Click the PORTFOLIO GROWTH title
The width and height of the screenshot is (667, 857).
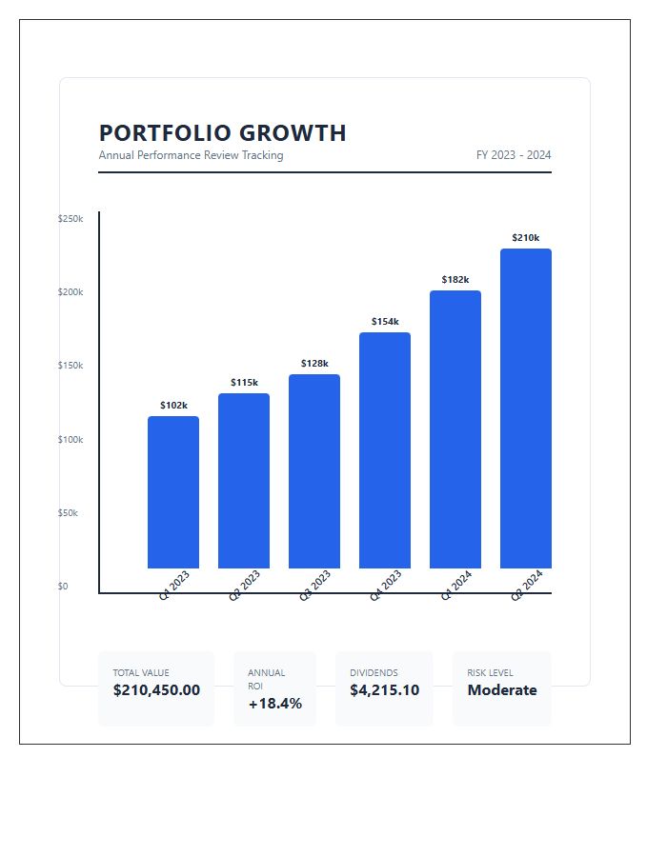(x=222, y=133)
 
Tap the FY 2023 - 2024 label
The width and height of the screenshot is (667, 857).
(x=514, y=155)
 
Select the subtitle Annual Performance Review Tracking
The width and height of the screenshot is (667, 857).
(x=191, y=155)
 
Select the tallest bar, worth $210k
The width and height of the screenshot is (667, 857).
(x=526, y=409)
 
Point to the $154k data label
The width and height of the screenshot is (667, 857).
(x=385, y=322)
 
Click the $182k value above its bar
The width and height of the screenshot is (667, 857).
(x=455, y=280)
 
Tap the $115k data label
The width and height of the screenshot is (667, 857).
(x=244, y=383)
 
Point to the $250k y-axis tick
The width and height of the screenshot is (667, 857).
(x=71, y=219)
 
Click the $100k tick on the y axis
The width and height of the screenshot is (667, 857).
(x=71, y=440)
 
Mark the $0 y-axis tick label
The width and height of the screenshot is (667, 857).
(x=63, y=587)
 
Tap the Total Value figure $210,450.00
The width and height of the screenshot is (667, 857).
(x=156, y=690)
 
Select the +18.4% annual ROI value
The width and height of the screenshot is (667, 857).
(x=274, y=704)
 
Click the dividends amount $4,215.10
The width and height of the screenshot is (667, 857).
(x=384, y=690)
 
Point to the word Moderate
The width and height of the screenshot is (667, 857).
(x=502, y=690)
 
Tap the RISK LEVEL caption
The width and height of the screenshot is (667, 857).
(x=490, y=673)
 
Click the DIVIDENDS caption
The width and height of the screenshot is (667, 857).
(x=374, y=673)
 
